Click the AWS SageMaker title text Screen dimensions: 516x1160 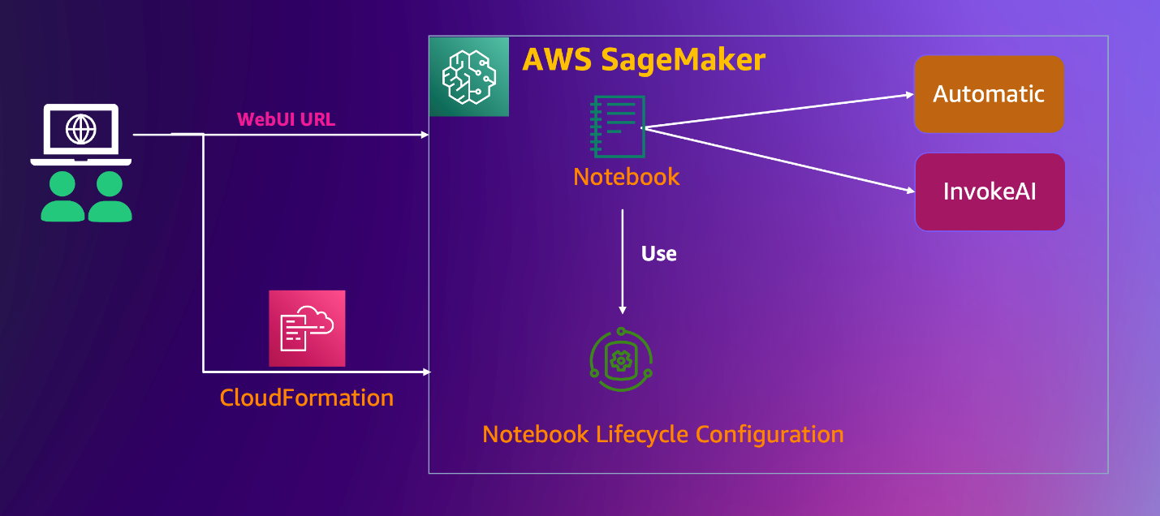pos(643,60)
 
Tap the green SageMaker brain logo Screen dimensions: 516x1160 pos(468,77)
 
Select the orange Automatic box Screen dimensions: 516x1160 pos(989,94)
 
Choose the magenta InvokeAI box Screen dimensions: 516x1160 pos(990,192)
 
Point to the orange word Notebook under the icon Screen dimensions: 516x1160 pos(626,177)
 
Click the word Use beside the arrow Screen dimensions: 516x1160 pos(658,254)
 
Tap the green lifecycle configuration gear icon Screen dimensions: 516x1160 pos(621,359)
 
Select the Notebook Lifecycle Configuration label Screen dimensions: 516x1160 pos(662,434)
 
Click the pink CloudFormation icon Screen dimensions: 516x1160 pos(307,329)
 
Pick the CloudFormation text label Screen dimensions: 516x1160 pos(306,398)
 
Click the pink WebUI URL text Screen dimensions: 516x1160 pos(286,120)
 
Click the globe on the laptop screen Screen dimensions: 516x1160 pos(80,128)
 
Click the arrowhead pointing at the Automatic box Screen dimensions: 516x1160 pos(910,94)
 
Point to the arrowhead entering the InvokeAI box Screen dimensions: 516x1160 pos(910,191)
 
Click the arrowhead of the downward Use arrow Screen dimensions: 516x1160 pos(623,309)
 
